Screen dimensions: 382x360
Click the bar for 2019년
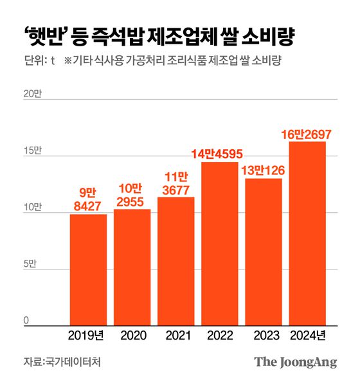point(88,270)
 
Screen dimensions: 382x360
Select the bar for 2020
point(132,268)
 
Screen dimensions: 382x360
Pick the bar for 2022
point(219,244)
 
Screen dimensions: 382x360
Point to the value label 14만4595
point(219,154)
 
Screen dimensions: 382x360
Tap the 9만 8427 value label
point(88,199)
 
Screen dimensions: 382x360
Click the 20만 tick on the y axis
point(32,94)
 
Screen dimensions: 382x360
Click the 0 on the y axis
point(26,321)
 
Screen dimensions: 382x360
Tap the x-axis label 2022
point(219,335)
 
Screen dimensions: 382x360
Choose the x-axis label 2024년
point(307,335)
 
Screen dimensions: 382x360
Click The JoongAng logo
point(295,361)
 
